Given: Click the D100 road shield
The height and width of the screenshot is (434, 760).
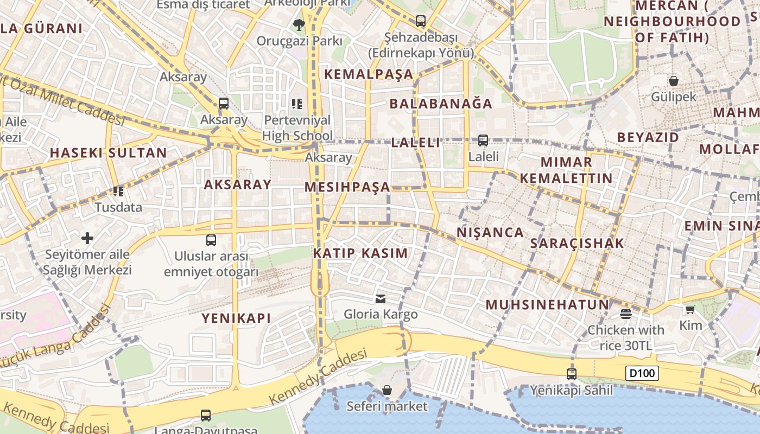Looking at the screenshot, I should click(x=642, y=373).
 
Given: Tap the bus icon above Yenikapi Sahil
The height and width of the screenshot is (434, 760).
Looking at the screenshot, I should click(x=572, y=374).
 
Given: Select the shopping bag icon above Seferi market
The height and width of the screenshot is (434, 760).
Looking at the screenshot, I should click(x=387, y=390).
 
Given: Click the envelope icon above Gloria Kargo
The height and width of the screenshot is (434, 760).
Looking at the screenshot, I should click(x=381, y=298).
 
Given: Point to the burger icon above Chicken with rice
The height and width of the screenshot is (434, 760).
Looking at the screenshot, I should click(x=626, y=314).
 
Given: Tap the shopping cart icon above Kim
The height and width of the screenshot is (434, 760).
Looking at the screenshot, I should click(x=690, y=309).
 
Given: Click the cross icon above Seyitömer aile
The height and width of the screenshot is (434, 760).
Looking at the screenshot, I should click(x=87, y=238).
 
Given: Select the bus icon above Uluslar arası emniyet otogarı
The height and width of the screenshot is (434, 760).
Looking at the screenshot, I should click(x=211, y=240).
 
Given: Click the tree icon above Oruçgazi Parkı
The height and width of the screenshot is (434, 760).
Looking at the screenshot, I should click(x=299, y=24).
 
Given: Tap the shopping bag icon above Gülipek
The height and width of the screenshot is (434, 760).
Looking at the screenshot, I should click(x=674, y=81).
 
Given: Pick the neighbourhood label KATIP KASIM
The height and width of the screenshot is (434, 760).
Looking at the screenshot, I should click(x=360, y=253).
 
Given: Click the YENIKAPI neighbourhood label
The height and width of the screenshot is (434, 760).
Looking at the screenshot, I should click(x=236, y=318).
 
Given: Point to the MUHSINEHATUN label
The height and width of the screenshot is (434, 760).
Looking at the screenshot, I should click(x=547, y=304).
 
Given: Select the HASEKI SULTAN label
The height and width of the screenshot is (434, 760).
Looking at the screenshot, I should click(x=109, y=153).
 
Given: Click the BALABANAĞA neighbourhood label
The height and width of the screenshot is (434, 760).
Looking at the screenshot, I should click(x=441, y=104).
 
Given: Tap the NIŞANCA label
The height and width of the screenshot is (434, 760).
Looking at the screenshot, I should click(x=490, y=233).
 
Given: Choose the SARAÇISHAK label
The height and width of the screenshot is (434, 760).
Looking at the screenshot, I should click(x=577, y=244).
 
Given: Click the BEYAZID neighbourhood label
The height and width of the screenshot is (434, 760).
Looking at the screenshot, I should click(x=648, y=137).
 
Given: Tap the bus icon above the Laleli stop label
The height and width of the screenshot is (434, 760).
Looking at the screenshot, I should click(x=483, y=141).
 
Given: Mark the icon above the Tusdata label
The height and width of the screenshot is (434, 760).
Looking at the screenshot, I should click(x=118, y=191).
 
